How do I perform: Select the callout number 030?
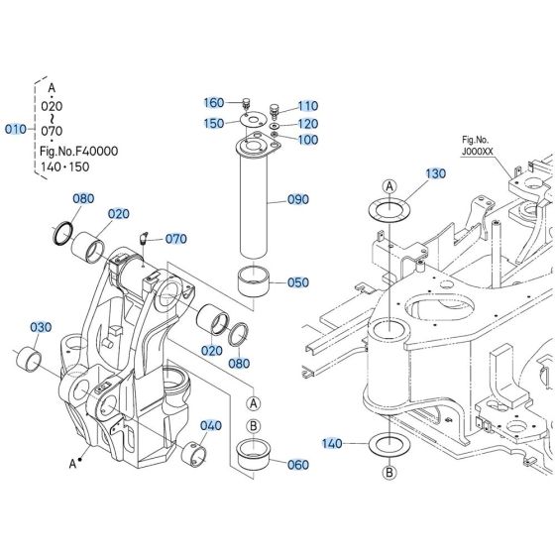(40, 327)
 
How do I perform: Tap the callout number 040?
(211, 426)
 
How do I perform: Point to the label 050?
(298, 282)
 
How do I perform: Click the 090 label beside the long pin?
(298, 199)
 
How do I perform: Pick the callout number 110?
(308, 106)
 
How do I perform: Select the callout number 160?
(214, 103)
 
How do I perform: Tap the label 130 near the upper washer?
(437, 173)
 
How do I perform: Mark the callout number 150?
(214, 123)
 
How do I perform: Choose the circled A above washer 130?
(389, 186)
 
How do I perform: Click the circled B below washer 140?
(389, 471)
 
